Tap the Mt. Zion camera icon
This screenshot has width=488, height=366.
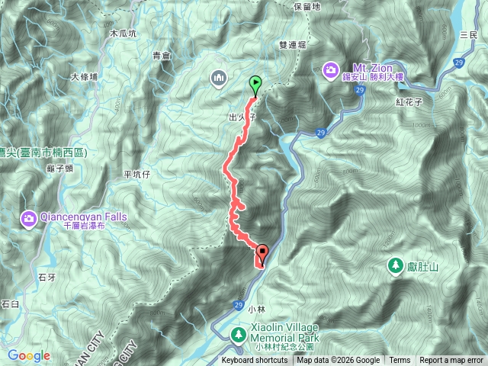[330, 71]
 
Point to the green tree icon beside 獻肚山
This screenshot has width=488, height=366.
[395, 265]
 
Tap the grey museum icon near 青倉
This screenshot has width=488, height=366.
[219, 77]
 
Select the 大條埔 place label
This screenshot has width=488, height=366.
[84, 77]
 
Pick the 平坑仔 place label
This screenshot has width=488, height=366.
[138, 175]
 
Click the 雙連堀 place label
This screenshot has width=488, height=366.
[293, 47]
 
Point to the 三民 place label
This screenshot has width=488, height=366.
[468, 36]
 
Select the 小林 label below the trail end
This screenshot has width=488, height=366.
[258, 309]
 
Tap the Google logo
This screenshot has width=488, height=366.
[28, 356]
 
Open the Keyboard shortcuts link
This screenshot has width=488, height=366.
[255, 361]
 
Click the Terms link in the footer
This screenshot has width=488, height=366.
[400, 361]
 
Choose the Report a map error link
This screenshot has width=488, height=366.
[452, 361]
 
